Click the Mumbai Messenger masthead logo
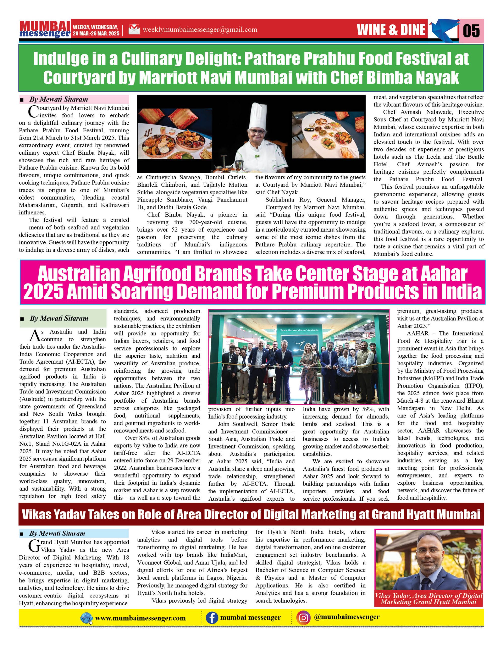(x=45, y=29)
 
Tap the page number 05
(x=471, y=31)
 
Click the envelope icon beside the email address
(x=134, y=29)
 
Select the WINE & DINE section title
(x=391, y=29)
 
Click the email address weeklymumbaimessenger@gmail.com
(x=200, y=29)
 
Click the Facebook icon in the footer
(x=211, y=618)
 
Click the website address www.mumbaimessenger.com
(x=140, y=618)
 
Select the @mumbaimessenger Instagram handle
(x=347, y=617)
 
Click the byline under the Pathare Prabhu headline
(x=58, y=99)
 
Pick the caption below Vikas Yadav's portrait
(x=428, y=599)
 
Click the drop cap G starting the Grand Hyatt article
(x=34, y=546)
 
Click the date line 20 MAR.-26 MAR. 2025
(x=96, y=33)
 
